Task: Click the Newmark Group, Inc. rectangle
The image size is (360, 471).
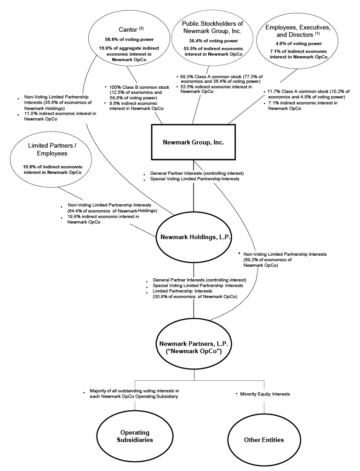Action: coord(193,142)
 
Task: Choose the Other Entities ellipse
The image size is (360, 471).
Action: coord(264,440)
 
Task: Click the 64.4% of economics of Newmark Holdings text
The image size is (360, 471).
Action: coord(112,211)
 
